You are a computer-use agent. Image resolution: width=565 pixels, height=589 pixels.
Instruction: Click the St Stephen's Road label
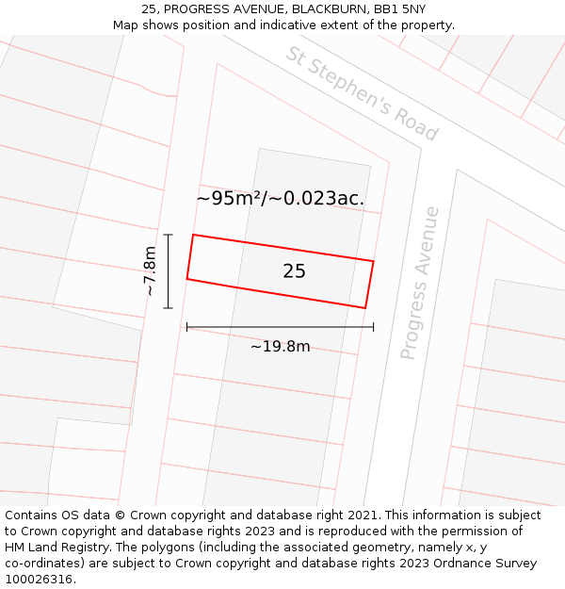pyautogui.click(x=363, y=93)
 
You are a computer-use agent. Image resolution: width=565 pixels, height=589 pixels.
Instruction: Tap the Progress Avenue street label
pyautogui.click(x=420, y=283)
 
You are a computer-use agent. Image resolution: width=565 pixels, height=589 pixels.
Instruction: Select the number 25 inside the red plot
pyautogui.click(x=294, y=271)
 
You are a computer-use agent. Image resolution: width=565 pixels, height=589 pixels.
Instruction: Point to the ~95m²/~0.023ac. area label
pyautogui.click(x=280, y=198)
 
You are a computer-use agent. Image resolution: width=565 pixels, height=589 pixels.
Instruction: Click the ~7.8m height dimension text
pyautogui.click(x=150, y=271)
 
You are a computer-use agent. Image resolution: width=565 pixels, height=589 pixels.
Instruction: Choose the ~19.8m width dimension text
pyautogui.click(x=280, y=346)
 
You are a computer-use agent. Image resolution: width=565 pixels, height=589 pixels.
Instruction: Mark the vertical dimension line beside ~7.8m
pyautogui.click(x=169, y=271)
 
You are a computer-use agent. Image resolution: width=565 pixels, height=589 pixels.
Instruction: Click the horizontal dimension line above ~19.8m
pyautogui.click(x=280, y=327)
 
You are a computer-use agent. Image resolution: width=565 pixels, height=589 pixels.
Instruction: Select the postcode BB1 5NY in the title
pyautogui.click(x=399, y=8)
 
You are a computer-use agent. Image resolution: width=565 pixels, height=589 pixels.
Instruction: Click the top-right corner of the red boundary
pyautogui.click(x=374, y=261)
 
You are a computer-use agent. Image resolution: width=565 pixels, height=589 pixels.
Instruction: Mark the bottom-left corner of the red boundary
pyautogui.click(x=186, y=279)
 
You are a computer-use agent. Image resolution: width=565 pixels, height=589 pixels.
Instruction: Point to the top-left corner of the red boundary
pyautogui.click(x=193, y=235)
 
